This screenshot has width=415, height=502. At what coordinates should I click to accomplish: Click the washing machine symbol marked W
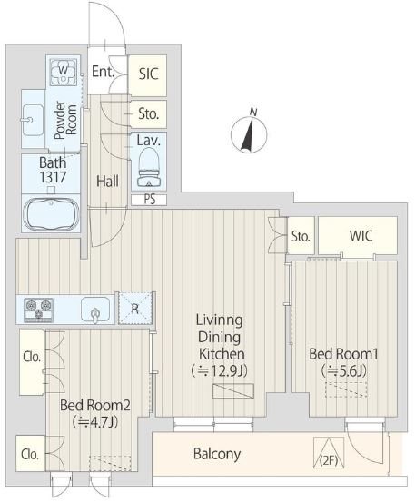(x=63, y=72)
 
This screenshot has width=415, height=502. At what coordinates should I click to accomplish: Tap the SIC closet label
(x=149, y=74)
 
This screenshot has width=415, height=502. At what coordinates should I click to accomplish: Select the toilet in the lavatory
(x=149, y=168)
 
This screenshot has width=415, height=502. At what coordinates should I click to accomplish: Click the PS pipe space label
(x=150, y=200)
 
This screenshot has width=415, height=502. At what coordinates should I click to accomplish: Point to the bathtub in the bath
(x=51, y=213)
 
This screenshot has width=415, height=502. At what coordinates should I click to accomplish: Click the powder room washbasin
(x=33, y=120)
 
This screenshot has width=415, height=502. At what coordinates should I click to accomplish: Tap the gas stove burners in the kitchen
(x=38, y=310)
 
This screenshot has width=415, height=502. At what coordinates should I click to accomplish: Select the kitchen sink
(x=95, y=310)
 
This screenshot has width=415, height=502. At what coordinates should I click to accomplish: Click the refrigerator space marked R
(x=135, y=309)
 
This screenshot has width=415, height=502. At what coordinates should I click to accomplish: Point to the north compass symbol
(x=249, y=132)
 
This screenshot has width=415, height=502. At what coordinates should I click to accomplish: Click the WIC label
(x=361, y=236)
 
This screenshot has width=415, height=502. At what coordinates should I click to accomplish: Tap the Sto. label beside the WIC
(x=301, y=237)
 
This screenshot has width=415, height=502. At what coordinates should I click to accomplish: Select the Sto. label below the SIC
(x=149, y=113)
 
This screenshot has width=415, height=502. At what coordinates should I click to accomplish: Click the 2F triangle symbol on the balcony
(x=329, y=453)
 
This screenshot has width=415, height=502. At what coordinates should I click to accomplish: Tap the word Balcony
(x=217, y=454)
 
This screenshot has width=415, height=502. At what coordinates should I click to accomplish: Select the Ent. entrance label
(x=103, y=72)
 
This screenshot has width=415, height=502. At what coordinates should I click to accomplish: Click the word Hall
(x=107, y=182)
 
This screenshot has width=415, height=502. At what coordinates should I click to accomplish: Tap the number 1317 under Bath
(x=54, y=177)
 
